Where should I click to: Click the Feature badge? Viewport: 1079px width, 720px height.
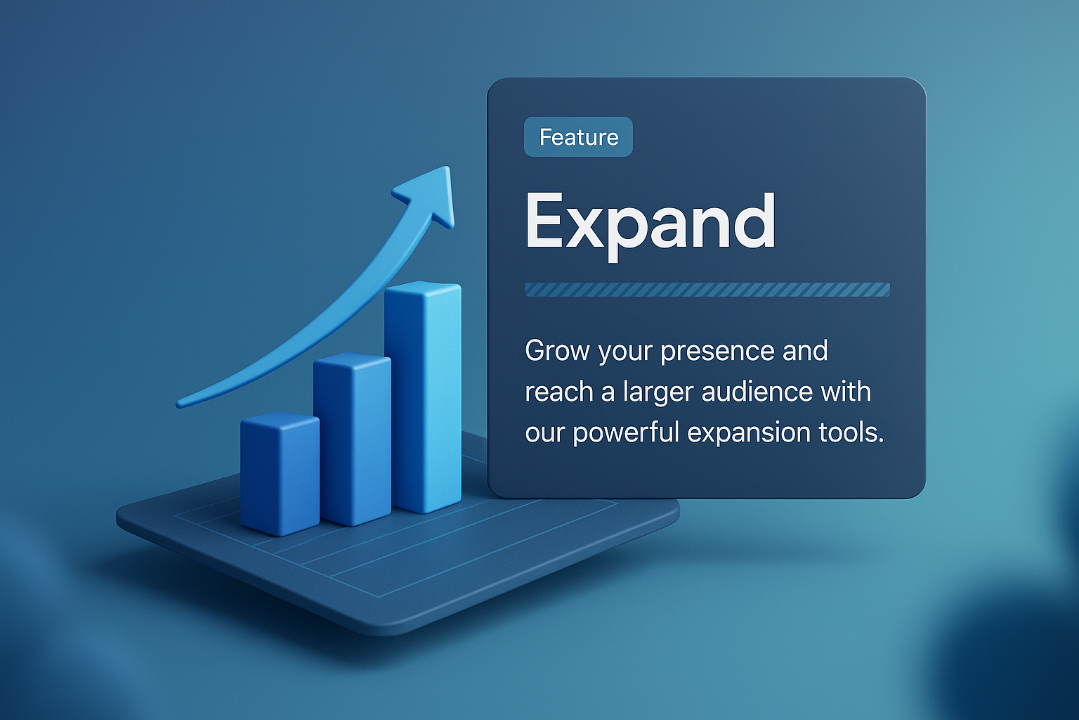(x=578, y=137)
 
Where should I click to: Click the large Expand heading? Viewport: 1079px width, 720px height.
(x=650, y=222)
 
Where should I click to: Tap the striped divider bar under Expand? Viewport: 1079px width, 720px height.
(x=707, y=290)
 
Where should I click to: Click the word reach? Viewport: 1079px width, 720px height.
(x=559, y=392)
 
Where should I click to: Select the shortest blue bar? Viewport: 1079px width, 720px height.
(x=280, y=475)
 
